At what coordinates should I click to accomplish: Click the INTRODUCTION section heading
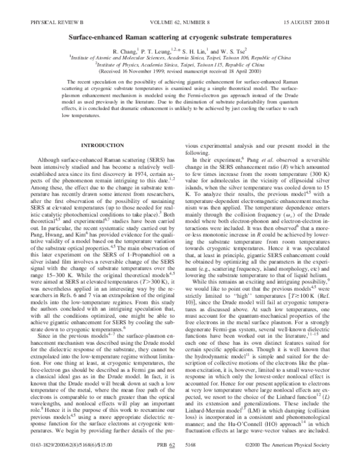pyautogui.click(x=101, y=163)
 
